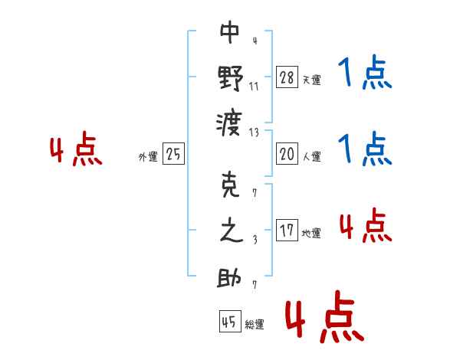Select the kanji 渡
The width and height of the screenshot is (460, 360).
point(230,121)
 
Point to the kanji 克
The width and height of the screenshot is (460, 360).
point(230,187)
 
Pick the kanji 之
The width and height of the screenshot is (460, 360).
point(230,231)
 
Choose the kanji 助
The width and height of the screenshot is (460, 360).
point(230,277)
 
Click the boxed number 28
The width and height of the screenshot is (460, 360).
point(287,77)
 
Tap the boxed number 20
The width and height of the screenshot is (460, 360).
point(287,154)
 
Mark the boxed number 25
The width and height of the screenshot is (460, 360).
point(173,154)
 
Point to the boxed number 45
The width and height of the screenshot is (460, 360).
point(229,322)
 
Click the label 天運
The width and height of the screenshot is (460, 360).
point(311,80)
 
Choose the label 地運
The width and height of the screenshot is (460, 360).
point(311,233)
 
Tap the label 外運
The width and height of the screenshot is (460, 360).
point(148,156)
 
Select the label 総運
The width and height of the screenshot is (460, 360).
point(255,324)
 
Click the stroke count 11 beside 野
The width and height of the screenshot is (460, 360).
point(255,87)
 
